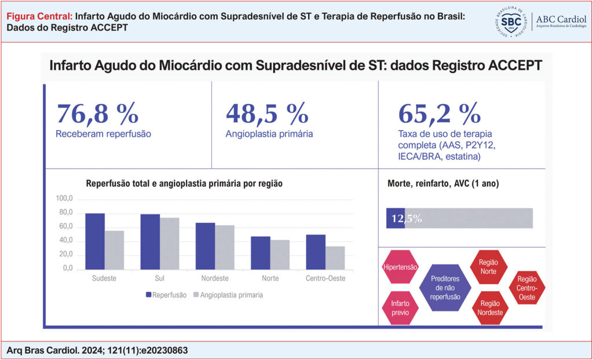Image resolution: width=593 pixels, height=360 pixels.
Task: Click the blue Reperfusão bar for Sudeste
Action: (x=95, y=241)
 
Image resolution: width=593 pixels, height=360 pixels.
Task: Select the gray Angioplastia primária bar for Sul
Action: (x=170, y=244)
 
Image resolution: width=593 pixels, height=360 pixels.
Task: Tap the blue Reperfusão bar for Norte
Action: (x=261, y=253)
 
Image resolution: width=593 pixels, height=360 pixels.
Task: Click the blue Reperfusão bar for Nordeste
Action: (x=205, y=246)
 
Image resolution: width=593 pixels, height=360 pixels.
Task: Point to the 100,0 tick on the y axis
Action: (x=64, y=199)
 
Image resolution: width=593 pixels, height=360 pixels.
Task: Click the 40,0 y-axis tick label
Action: (x=64, y=241)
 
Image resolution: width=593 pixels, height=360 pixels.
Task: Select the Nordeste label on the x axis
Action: (x=215, y=278)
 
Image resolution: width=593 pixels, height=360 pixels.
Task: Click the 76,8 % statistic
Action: (x=97, y=113)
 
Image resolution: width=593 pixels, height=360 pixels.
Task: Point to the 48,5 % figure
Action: (x=267, y=113)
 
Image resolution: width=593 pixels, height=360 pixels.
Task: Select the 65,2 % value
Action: (x=440, y=113)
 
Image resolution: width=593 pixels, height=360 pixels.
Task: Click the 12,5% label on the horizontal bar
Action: (x=407, y=219)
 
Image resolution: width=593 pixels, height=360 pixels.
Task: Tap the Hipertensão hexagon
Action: (x=400, y=267)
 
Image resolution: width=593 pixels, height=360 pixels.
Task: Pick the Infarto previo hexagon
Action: (x=400, y=308)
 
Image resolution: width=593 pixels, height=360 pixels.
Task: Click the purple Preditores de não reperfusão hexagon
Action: (x=445, y=288)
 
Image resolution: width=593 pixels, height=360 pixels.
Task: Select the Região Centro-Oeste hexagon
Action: (x=527, y=288)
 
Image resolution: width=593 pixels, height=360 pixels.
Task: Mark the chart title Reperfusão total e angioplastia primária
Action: (x=184, y=183)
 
